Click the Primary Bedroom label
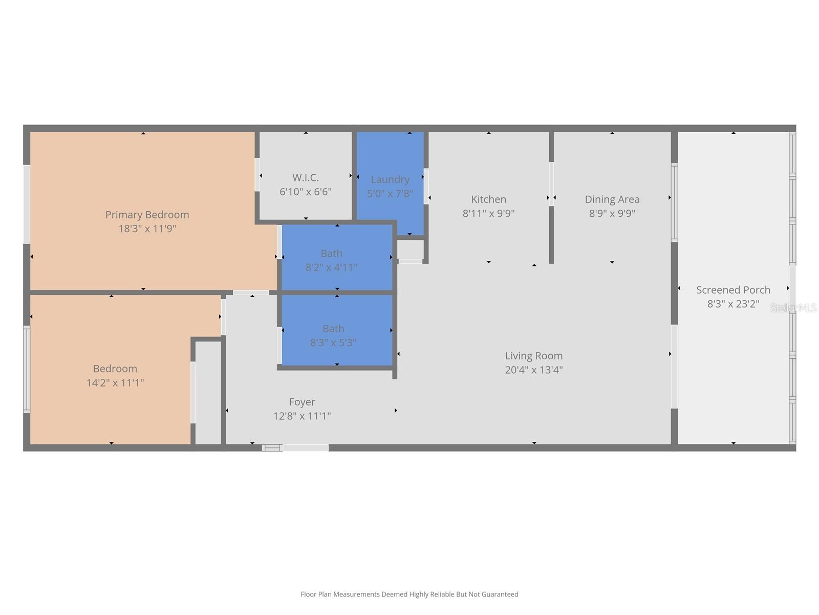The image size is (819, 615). [147, 215]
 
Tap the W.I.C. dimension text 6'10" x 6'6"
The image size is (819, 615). [306, 192]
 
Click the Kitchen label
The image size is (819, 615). [488, 199]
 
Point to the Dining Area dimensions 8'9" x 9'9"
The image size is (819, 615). [612, 213]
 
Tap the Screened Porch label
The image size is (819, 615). [733, 290]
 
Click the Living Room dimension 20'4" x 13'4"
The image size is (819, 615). [533, 370]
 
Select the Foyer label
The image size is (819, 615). [301, 402]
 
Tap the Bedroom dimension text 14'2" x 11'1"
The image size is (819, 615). [115, 382]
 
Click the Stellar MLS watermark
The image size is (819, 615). [793, 307]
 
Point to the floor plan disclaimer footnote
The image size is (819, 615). [409, 594]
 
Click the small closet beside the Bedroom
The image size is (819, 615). [208, 392]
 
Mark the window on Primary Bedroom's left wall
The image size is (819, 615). [27, 204]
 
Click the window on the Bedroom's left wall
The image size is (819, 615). [27, 369]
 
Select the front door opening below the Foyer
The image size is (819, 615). [305, 448]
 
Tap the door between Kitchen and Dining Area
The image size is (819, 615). [551, 184]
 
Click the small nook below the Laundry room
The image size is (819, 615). [411, 250]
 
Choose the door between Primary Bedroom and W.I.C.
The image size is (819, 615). [257, 175]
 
